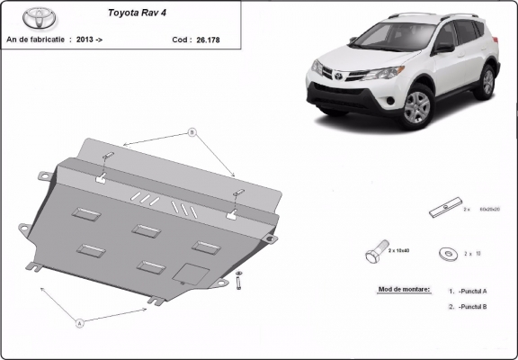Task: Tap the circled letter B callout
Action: point(192,132)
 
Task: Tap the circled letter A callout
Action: point(79,321)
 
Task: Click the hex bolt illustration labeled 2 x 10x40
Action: point(377,255)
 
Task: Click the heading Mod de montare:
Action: point(399,290)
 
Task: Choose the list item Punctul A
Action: point(472,291)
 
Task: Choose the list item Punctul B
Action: point(472,307)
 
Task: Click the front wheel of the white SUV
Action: point(417,106)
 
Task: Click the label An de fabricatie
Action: point(35,40)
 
